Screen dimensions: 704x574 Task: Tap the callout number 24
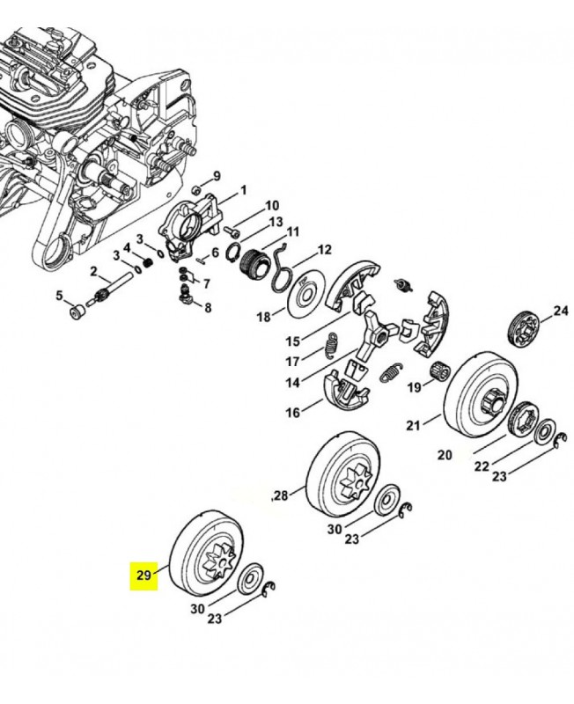(x=561, y=311)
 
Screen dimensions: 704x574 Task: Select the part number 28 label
(x=281, y=495)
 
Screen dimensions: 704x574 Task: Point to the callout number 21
(x=413, y=427)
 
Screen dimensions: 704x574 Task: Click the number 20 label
(x=444, y=455)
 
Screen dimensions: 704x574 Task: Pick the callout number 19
(x=413, y=385)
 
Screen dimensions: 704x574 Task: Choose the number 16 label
(x=291, y=411)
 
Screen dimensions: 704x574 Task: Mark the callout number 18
(x=262, y=317)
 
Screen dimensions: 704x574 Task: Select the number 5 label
(x=60, y=296)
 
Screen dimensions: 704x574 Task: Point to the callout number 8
(x=208, y=307)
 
